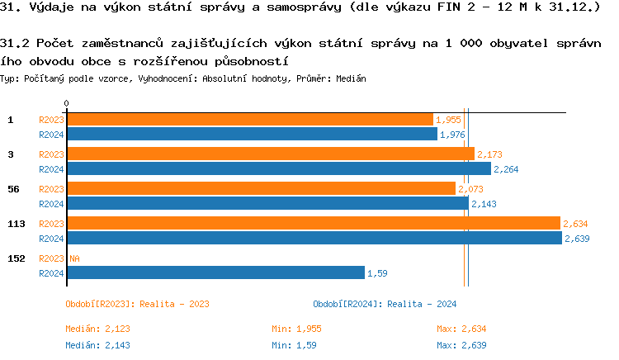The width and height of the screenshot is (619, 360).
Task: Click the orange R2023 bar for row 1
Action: click(x=249, y=120)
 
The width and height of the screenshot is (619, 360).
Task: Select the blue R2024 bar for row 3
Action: click(x=279, y=168)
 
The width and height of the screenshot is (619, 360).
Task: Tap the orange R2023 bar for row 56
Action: click(x=260, y=189)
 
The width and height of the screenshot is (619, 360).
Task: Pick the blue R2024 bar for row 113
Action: click(x=314, y=238)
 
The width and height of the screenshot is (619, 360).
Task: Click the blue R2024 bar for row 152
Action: click(x=215, y=272)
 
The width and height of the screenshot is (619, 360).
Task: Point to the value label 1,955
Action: click(x=448, y=120)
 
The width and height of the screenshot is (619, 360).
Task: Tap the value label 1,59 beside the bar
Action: click(x=377, y=272)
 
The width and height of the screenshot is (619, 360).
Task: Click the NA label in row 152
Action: click(x=74, y=258)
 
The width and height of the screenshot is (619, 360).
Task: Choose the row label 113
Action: click(x=16, y=224)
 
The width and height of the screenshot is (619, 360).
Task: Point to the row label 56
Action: click(x=13, y=189)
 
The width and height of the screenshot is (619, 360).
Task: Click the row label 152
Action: click(x=16, y=258)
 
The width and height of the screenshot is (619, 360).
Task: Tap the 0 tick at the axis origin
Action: click(x=66, y=104)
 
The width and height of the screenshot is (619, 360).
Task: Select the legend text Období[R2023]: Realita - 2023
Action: click(x=136, y=305)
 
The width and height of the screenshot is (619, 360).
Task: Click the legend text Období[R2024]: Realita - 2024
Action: click(x=384, y=305)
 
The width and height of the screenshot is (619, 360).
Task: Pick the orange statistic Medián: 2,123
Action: click(x=97, y=329)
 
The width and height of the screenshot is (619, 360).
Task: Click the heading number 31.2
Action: click(x=16, y=43)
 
